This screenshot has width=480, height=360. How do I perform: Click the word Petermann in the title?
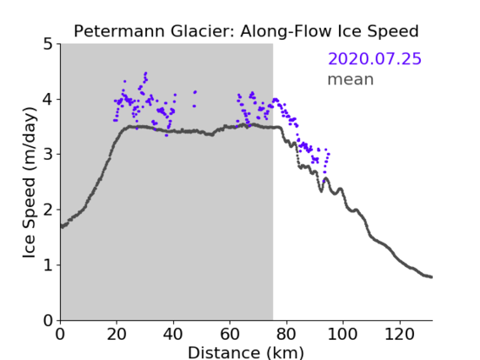[120, 31]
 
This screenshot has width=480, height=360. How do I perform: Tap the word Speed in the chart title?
[393, 32]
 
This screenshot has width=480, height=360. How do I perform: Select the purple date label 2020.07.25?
[374, 59]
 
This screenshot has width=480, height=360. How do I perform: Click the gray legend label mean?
[351, 79]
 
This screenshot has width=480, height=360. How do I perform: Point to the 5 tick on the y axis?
[48, 45]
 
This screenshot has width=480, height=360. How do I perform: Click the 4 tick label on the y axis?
[48, 100]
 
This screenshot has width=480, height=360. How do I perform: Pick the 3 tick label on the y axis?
[48, 155]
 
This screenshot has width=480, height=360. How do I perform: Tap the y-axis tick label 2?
[48, 210]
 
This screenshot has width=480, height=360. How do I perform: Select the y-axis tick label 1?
[48, 265]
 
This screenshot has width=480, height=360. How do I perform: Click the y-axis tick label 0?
[48, 320]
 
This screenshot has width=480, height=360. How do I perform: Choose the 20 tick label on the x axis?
[117, 334]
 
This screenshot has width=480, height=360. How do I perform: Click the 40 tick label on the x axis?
[173, 334]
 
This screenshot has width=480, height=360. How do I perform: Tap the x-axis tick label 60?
[230, 334]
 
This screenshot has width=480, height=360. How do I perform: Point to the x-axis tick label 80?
[286, 334]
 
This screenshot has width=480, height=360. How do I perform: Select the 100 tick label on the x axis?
[342, 334]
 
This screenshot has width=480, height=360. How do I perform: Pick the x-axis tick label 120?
[399, 334]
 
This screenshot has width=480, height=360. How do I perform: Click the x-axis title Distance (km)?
[246, 352]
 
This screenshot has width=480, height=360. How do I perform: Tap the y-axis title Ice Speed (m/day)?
[29, 183]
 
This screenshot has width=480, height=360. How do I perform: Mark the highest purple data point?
[145, 74]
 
